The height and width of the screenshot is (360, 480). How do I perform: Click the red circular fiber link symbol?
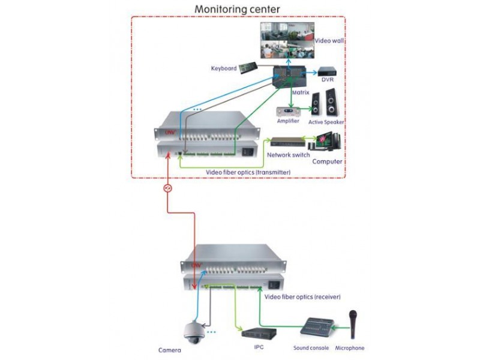point(169,188)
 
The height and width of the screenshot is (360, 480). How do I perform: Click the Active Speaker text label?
point(327,122)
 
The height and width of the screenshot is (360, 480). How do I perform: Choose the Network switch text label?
point(288,155)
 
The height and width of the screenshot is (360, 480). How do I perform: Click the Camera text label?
point(170,350)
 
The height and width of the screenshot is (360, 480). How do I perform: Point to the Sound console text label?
point(311,348)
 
